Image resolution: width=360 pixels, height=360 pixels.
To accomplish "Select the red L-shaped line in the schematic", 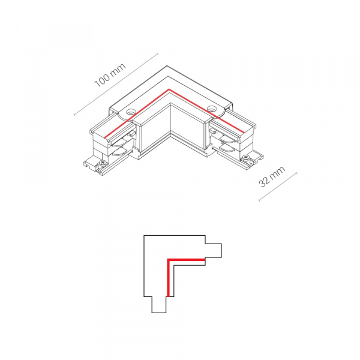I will pyautogui.click(x=180, y=260).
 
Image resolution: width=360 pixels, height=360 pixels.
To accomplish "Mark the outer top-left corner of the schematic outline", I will pyautogui.click(x=144, y=236).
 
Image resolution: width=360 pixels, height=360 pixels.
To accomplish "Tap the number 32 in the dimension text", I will pyautogui.click(x=265, y=181).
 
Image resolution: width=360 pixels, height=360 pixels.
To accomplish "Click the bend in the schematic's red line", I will pyautogui.click(x=168, y=260).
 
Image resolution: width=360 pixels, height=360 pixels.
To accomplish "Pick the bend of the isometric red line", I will pyautogui.click(x=169, y=91).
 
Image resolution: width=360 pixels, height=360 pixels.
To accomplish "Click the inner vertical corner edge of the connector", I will pyautogui.click(x=170, y=120).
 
